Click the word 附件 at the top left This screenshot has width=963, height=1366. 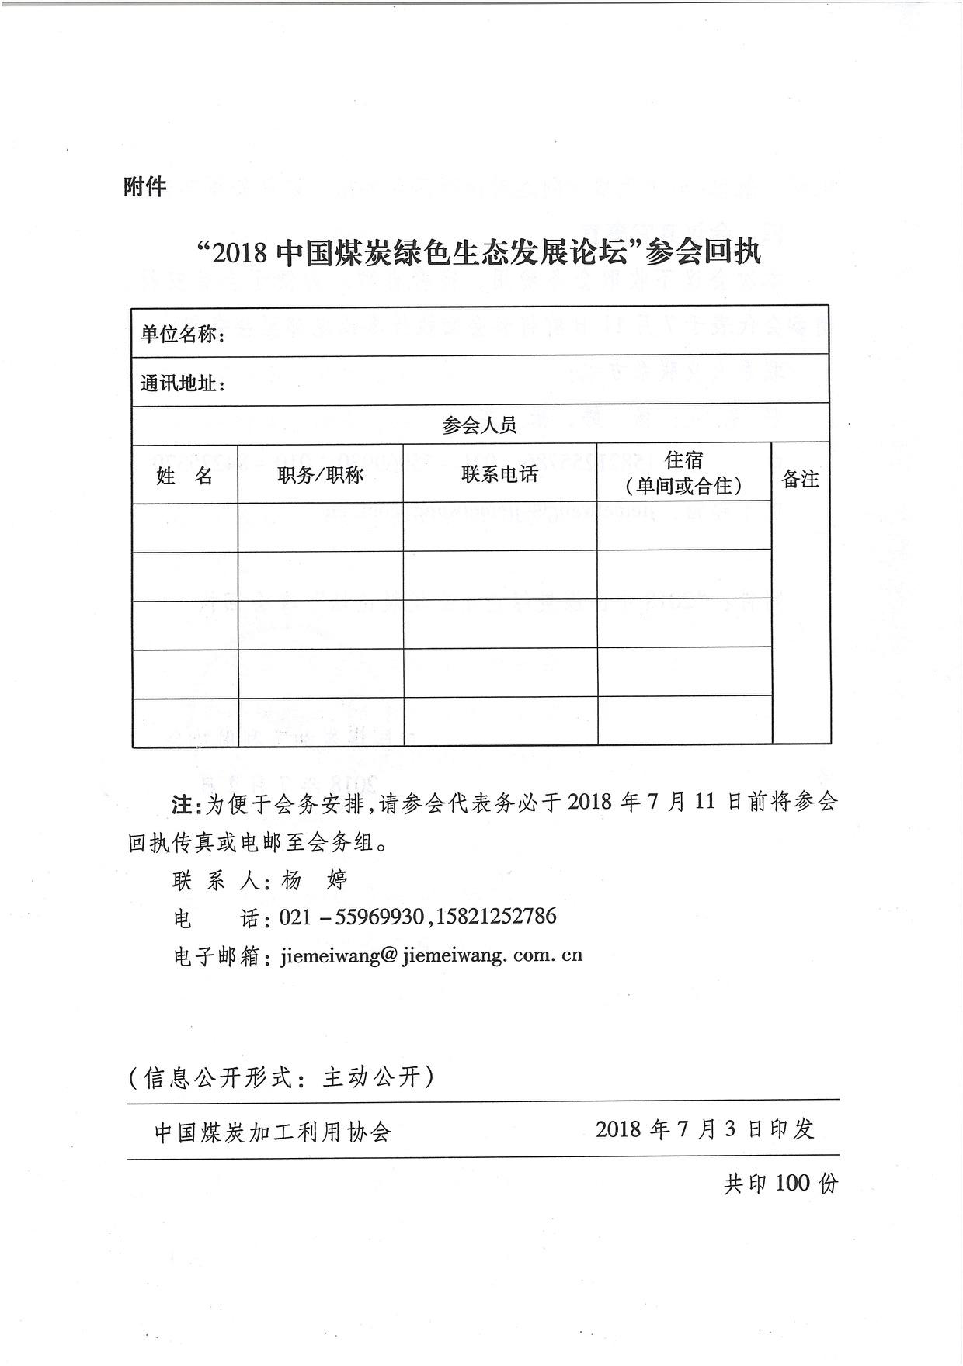tap(144, 186)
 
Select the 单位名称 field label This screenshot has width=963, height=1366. tap(179, 335)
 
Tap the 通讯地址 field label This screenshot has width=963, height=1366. tap(179, 383)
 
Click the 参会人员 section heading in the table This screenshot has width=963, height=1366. tap(479, 425)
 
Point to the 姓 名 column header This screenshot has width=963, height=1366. tap(185, 476)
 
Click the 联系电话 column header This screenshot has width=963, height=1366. tap(499, 474)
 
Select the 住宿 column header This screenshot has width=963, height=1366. tap(683, 460)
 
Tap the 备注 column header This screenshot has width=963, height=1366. tap(800, 480)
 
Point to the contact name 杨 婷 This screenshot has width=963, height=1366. tap(314, 880)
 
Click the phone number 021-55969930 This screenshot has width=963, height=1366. tap(351, 917)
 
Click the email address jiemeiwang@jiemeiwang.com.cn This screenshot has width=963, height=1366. tap(430, 955)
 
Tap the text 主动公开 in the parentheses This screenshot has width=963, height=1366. tap(370, 1077)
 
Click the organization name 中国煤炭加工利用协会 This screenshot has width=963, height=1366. tap(273, 1132)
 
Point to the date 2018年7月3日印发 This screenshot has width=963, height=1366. tap(704, 1129)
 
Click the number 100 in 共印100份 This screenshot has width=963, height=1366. tap(792, 1183)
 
